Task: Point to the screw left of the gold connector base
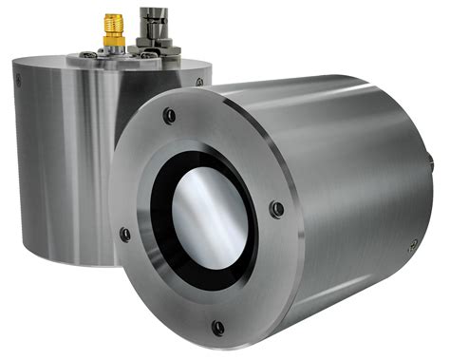pos(91,53)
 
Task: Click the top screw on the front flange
pos(169,116)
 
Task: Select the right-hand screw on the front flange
pos(275,209)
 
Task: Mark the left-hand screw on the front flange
pos(125,234)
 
